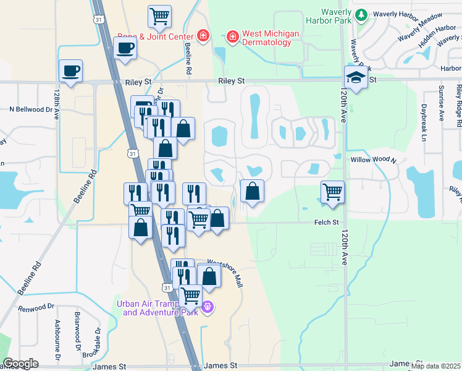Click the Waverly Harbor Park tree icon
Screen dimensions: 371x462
click(361, 14)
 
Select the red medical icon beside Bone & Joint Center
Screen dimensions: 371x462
click(203, 36)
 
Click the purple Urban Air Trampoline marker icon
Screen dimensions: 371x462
click(208, 306)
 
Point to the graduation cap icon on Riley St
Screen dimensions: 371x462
click(355, 78)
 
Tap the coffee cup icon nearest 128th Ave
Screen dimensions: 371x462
click(70, 70)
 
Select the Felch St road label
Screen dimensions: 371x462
click(327, 222)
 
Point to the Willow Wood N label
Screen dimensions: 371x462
click(373, 160)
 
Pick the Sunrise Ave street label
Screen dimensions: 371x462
click(441, 103)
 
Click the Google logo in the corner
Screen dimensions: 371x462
click(21, 364)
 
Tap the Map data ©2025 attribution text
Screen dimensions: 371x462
click(435, 366)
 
